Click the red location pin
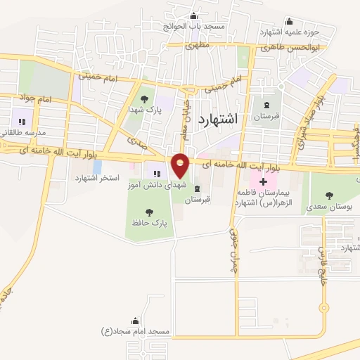(x=181, y=166)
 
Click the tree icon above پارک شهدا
(x=145, y=99)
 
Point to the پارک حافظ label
(x=148, y=223)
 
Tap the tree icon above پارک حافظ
(x=149, y=212)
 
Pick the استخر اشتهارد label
(x=98, y=178)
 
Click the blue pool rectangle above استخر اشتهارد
(x=97, y=167)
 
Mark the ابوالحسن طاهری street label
(x=291, y=49)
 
